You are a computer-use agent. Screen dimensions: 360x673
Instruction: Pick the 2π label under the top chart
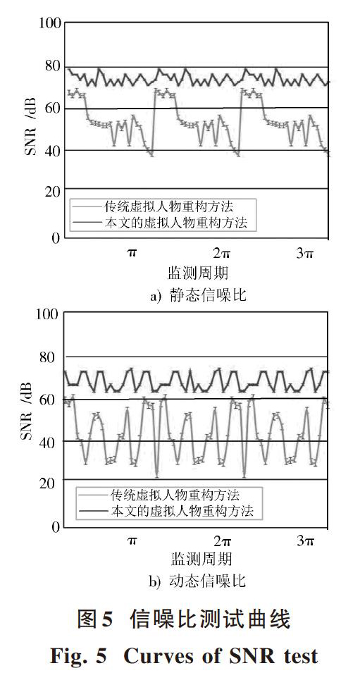tap(221, 253)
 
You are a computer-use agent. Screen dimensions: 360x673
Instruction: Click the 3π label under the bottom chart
tap(305, 541)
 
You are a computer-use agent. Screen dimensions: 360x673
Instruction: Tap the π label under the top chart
tap(132, 253)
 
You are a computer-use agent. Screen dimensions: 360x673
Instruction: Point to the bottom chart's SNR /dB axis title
tap(27, 418)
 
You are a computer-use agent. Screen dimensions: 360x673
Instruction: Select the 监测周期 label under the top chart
tap(197, 273)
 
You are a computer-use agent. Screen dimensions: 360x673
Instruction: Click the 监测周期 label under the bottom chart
tap(201, 560)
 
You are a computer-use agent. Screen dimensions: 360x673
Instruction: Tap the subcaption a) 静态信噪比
tap(198, 295)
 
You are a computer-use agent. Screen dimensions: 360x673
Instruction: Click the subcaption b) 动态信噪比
tap(198, 581)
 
